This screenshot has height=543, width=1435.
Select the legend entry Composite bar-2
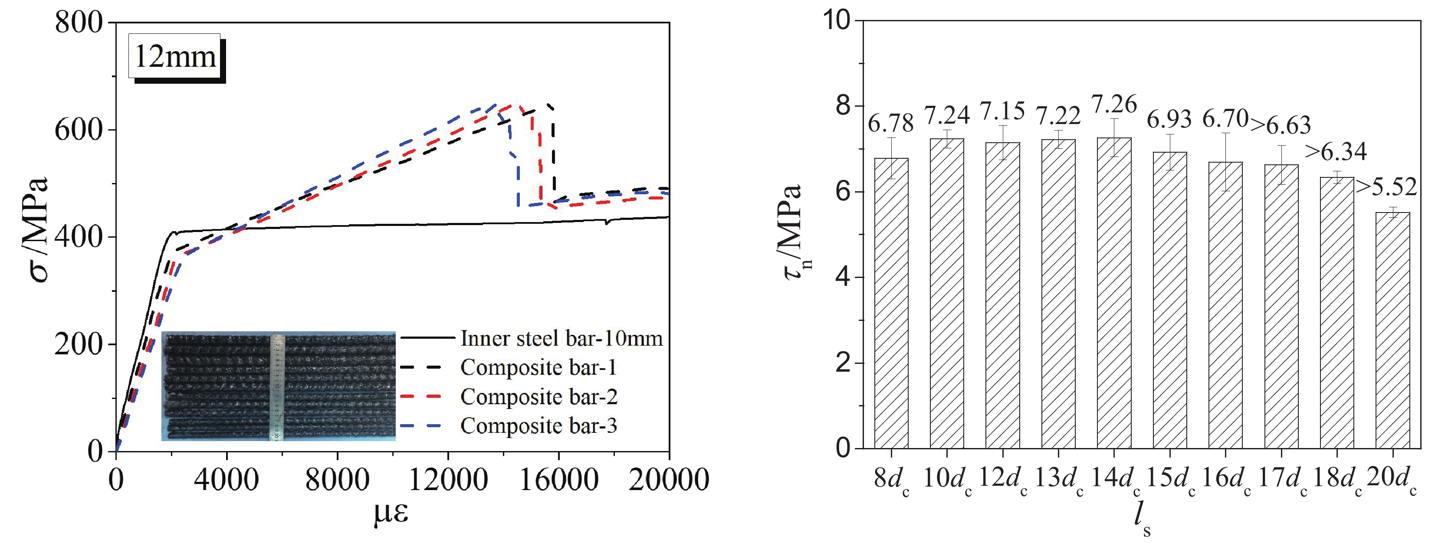(538, 396)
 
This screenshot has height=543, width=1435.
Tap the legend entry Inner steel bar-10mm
(561, 338)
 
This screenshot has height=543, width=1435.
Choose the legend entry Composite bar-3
(538, 425)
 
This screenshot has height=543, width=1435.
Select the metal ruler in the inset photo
(277, 387)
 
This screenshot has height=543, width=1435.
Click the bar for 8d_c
(891, 303)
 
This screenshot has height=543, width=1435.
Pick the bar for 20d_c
(1392, 330)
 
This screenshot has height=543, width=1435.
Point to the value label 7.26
(1114, 105)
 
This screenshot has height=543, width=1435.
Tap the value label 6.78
(891, 124)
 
